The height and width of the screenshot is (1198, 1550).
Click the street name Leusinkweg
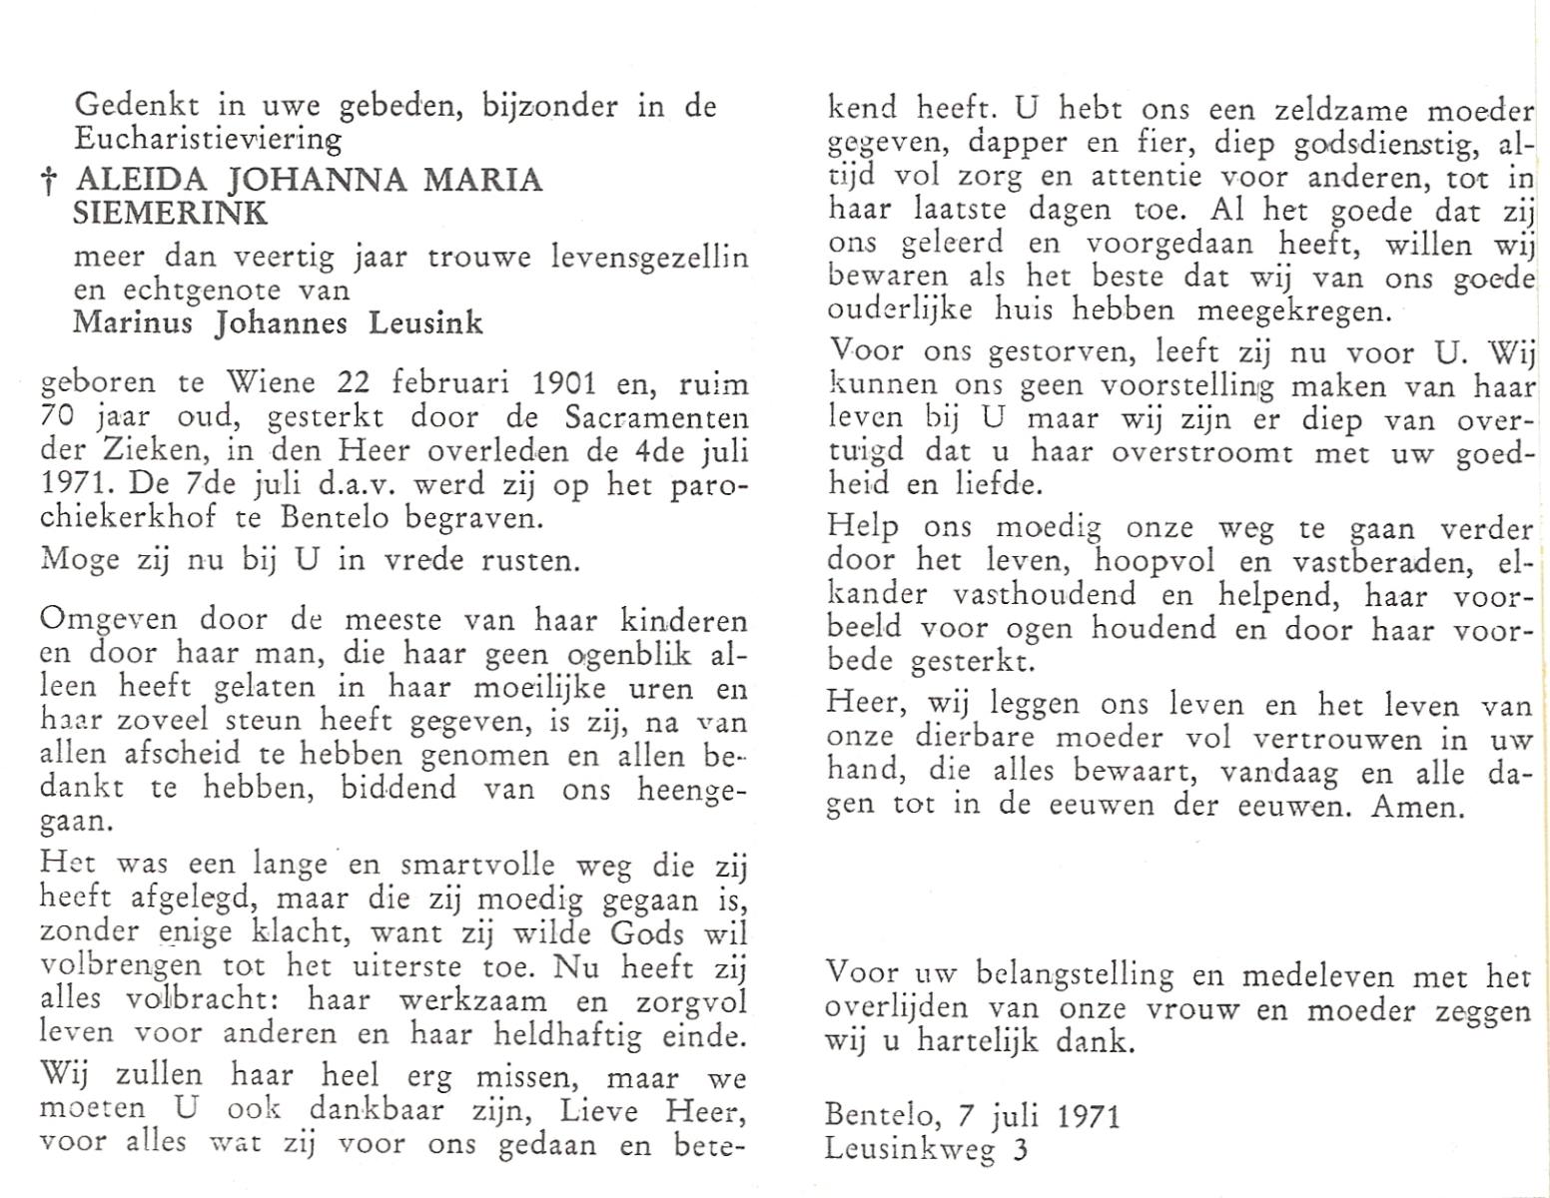coord(910,1150)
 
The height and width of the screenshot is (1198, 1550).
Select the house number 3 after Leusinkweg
coord(1019,1149)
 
